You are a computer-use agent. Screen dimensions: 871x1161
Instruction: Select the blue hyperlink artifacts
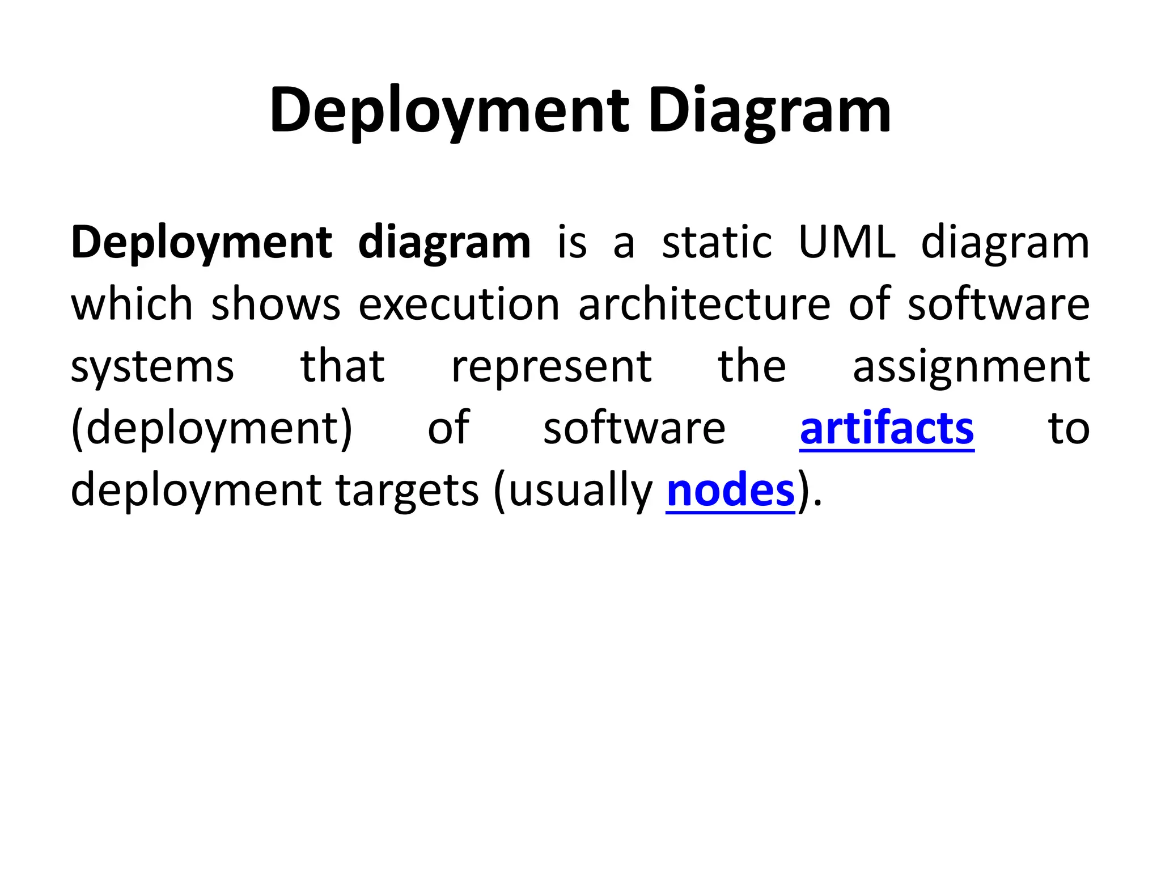(x=887, y=429)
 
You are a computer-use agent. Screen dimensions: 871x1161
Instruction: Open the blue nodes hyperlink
(x=731, y=491)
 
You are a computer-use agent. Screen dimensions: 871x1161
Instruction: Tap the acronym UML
(x=847, y=243)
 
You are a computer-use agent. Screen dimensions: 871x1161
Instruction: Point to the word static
(x=717, y=243)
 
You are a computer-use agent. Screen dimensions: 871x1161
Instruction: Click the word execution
(x=459, y=305)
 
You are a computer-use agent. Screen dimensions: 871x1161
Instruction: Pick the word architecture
(x=704, y=305)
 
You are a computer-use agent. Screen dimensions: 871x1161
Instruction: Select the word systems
(x=152, y=367)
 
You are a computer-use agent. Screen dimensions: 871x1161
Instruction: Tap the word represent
(x=551, y=367)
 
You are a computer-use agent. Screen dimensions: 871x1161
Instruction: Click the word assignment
(x=971, y=367)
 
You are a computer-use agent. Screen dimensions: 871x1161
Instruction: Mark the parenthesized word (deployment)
(x=212, y=429)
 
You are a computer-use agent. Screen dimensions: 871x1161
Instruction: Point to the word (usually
(x=573, y=491)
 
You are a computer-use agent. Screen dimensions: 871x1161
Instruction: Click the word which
(x=132, y=305)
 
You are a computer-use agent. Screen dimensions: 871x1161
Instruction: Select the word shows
(x=276, y=305)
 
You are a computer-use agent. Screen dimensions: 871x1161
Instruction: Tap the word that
(x=342, y=367)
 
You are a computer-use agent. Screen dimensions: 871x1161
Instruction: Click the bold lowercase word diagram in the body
(x=444, y=243)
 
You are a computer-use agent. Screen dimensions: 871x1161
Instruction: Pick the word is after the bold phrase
(x=571, y=243)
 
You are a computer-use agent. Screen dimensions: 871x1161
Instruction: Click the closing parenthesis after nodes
(x=803, y=491)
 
